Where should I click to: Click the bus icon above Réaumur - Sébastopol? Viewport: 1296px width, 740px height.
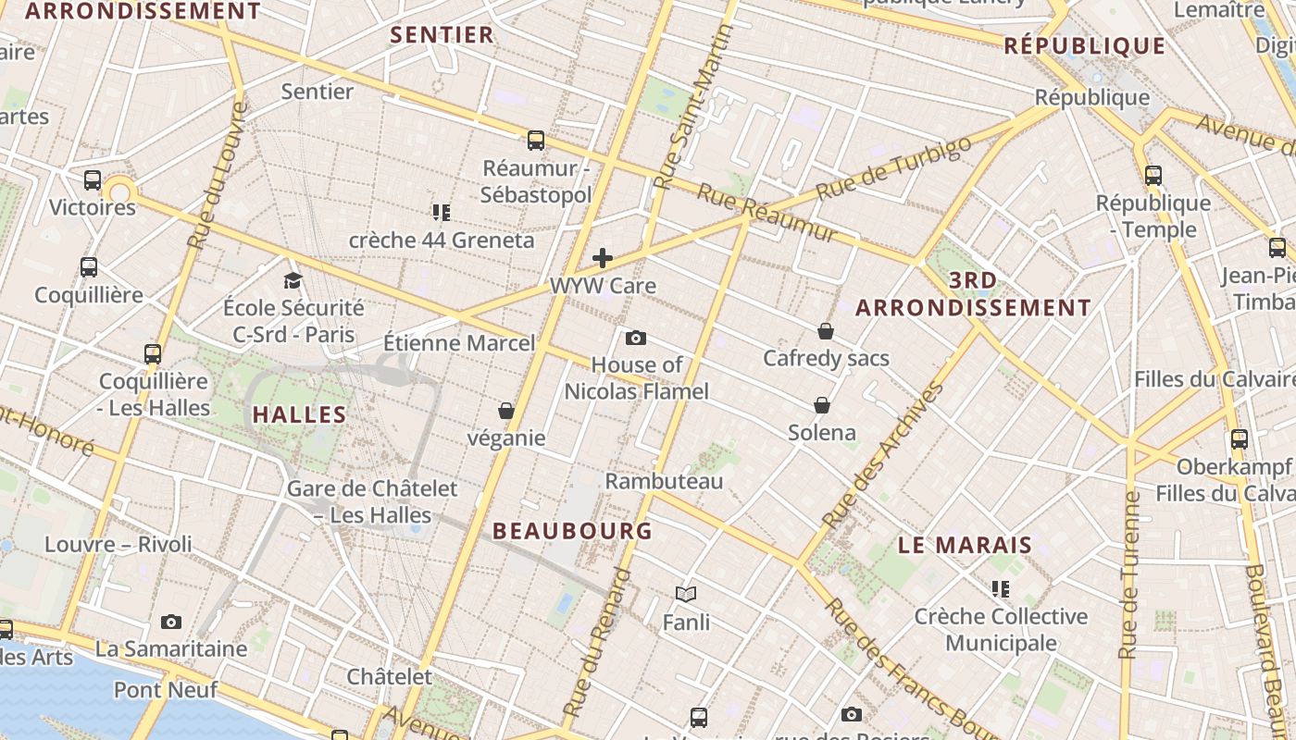coord(536,141)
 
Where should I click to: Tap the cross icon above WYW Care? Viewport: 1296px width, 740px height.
coord(603,257)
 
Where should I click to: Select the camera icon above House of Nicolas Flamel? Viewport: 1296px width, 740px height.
coord(636,338)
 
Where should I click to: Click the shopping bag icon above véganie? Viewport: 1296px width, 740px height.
coord(506,410)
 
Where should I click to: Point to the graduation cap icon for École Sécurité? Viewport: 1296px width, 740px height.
coord(293,280)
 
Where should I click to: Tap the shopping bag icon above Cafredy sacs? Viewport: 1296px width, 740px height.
coord(826,330)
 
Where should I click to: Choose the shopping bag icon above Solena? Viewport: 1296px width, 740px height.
coord(822,405)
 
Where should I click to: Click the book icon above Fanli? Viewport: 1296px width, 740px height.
coord(686,594)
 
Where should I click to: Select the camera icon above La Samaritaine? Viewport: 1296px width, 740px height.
coord(171,622)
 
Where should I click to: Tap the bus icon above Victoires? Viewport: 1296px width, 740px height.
coord(93,179)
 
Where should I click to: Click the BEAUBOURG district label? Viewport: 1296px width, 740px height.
coord(573,531)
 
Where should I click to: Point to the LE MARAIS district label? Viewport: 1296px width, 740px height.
coord(965,545)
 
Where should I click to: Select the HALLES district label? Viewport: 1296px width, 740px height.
coord(299,414)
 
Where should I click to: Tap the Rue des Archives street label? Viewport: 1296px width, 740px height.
coord(884,456)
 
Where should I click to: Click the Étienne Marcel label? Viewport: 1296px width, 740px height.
coord(459,343)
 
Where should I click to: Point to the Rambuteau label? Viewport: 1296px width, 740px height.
coord(664,481)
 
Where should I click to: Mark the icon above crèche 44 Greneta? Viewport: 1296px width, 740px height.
coord(442,213)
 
